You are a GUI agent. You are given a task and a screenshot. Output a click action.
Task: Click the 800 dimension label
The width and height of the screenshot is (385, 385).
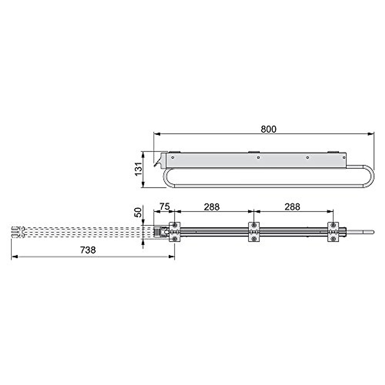(268, 129)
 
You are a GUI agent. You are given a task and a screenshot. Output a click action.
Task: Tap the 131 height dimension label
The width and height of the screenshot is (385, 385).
(138, 169)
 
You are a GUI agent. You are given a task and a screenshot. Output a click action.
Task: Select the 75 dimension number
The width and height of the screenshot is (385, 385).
(165, 207)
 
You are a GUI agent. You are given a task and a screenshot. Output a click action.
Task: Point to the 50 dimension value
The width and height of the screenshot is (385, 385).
(138, 212)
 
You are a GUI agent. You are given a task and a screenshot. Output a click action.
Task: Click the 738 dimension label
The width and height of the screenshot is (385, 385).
(88, 250)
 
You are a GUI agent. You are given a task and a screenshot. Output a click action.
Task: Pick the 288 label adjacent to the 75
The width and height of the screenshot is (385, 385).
(212, 207)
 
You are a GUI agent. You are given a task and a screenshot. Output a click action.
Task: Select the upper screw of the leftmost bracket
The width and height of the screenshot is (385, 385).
(175, 225)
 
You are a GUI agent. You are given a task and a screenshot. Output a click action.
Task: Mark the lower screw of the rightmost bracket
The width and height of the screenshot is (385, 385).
(333, 239)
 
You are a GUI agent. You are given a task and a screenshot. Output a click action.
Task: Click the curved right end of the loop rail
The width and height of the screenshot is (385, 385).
(372, 175)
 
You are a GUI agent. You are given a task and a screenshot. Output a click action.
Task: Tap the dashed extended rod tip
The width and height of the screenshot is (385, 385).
(15, 232)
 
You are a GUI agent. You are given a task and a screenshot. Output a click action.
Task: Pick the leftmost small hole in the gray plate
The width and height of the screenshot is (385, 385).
(173, 157)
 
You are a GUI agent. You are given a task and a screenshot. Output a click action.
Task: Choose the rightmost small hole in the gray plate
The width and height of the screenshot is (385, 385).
(344, 157)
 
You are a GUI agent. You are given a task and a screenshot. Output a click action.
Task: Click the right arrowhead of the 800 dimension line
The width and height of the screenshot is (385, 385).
(372, 134)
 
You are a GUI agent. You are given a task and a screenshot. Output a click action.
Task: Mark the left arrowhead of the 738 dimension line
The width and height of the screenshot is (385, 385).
(13, 256)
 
